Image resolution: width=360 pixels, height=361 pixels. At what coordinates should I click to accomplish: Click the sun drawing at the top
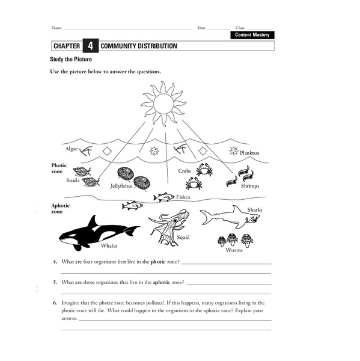(162, 103)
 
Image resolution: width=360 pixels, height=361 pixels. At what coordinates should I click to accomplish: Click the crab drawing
(204, 169)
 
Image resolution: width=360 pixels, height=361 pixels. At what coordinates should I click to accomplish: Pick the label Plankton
(249, 153)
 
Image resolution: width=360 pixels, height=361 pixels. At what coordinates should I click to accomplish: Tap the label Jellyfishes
(121, 187)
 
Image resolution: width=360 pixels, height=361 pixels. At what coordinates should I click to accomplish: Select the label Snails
(73, 180)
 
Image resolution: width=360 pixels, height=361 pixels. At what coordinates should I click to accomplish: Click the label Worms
(234, 250)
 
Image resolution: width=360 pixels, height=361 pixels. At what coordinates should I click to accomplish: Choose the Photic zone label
(59, 168)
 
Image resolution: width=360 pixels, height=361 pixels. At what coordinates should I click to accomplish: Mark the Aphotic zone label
(60, 208)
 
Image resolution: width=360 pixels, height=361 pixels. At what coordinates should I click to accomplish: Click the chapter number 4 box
(90, 46)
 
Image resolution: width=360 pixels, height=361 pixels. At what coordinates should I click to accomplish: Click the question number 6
(55, 303)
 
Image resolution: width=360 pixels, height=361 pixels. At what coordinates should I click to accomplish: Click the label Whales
(109, 246)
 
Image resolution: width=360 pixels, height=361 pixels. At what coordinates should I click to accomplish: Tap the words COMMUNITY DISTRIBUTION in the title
(139, 46)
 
